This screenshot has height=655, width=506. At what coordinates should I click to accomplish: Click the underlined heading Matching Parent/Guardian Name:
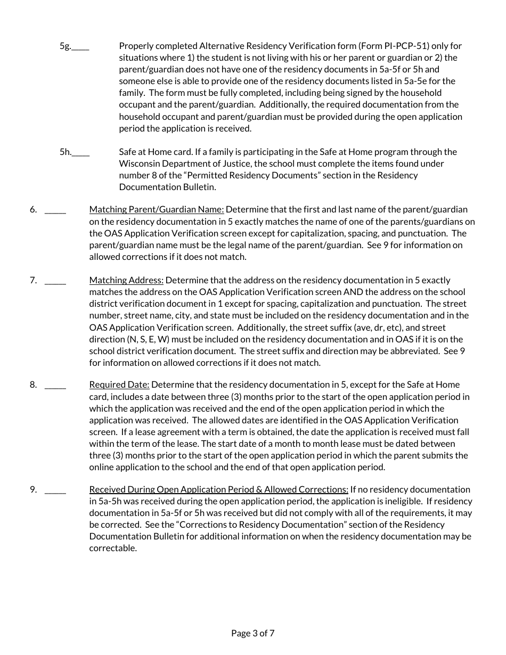[x=157, y=209]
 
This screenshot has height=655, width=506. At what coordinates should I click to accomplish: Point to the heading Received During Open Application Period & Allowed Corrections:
[x=218, y=489]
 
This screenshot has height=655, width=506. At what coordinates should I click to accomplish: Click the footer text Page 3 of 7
[x=253, y=633]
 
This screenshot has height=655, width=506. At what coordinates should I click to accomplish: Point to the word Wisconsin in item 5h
[x=138, y=163]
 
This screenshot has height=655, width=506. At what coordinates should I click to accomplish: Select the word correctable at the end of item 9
[x=113, y=548]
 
